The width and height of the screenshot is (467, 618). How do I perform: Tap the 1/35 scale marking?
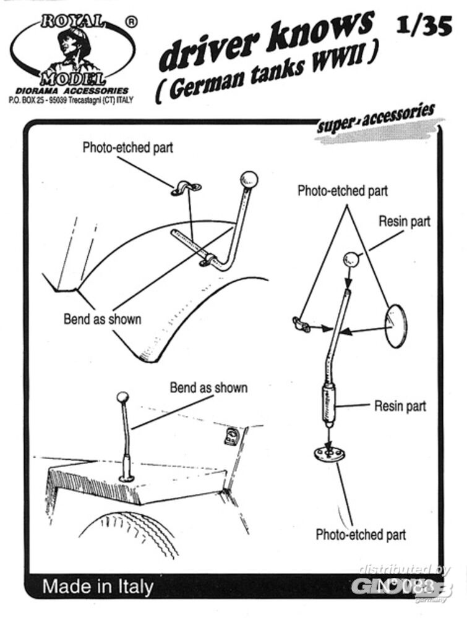pos(424,26)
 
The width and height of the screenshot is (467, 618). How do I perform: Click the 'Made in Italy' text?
pos(98,586)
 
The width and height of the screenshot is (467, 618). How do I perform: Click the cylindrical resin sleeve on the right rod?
pos(327,404)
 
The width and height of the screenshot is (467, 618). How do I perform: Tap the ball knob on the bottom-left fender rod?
pos(122,396)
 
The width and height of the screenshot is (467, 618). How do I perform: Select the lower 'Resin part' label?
pos(400,406)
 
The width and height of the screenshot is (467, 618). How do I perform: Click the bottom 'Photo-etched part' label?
pos(361,535)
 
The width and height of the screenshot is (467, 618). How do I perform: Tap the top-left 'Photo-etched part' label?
pos(128,148)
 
